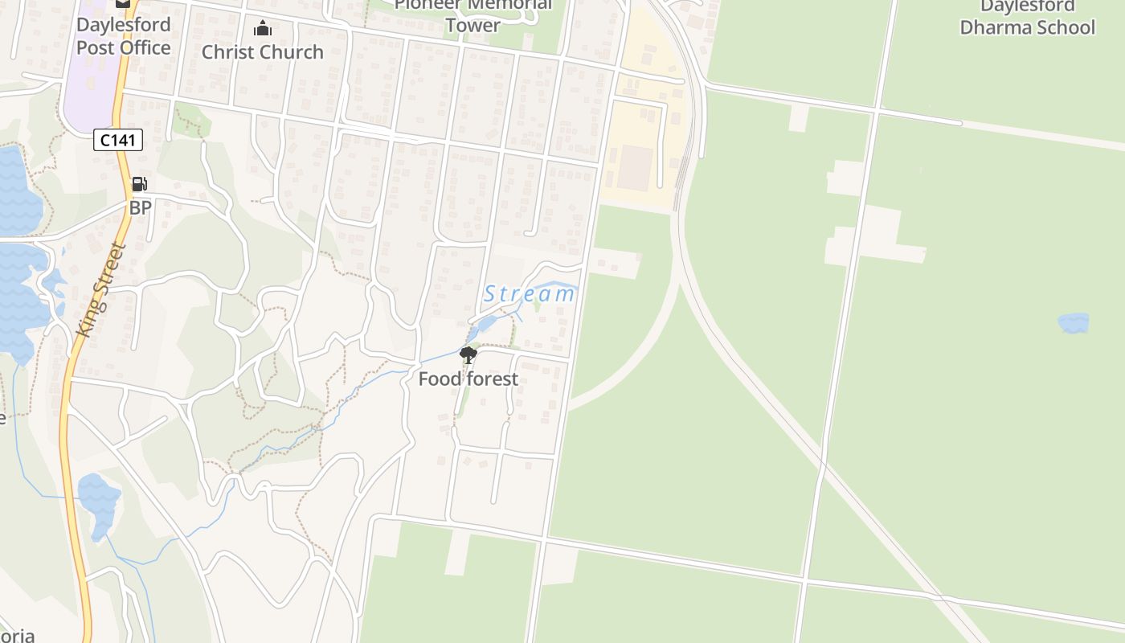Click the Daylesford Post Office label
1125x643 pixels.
click(123, 36)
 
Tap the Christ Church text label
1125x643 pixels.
click(262, 52)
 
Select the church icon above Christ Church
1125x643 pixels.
click(262, 30)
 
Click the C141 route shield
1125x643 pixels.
click(117, 140)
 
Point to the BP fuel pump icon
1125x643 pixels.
click(139, 185)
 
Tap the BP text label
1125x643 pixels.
click(140, 207)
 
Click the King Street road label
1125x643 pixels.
click(102, 290)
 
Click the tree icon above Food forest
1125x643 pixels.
click(468, 354)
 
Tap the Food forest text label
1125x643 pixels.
click(468, 379)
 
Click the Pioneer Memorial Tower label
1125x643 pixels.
click(472, 14)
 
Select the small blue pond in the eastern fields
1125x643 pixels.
click(1073, 323)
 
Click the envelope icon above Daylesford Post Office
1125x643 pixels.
click(123, 3)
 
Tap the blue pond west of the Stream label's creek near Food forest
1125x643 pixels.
click(487, 323)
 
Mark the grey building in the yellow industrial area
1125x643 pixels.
click(635, 167)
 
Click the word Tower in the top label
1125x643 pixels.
click(472, 25)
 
